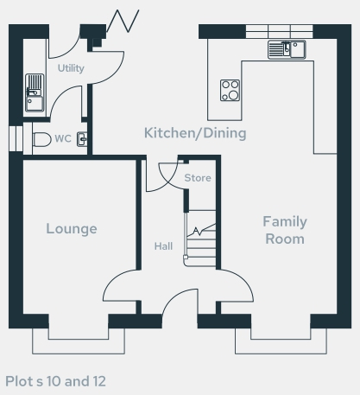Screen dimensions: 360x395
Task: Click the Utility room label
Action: (71, 68)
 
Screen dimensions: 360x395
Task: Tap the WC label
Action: (63, 138)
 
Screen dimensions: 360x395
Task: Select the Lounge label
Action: (72, 229)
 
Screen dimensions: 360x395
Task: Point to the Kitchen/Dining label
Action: (195, 133)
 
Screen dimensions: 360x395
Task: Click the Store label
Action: (198, 178)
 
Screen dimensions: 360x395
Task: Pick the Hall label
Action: (163, 246)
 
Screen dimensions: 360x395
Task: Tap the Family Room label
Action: (285, 230)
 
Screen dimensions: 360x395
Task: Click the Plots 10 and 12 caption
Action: (55, 381)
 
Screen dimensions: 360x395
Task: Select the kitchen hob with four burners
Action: (230, 91)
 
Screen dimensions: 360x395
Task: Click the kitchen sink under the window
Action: (287, 50)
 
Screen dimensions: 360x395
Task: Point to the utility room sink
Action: (35, 92)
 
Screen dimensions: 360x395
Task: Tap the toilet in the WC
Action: (42, 139)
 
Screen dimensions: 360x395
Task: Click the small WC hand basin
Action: (82, 139)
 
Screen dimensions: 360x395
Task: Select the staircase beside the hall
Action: (200, 238)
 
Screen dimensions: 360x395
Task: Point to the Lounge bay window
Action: (79, 341)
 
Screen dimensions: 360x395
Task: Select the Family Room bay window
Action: (281, 341)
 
